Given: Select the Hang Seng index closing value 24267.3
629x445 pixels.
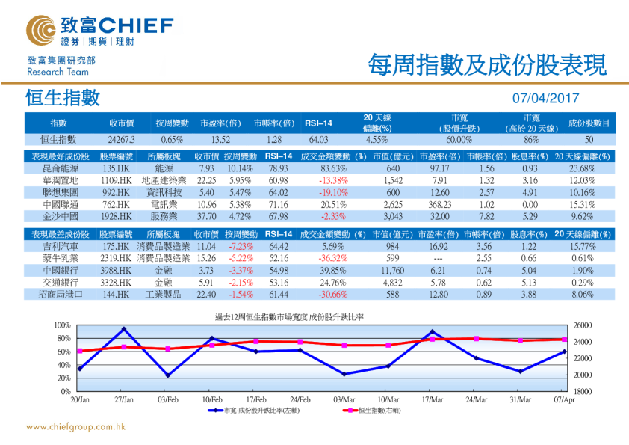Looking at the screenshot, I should [x=121, y=139].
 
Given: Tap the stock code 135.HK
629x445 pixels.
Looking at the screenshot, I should [x=116, y=169].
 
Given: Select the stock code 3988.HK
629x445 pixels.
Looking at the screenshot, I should [x=116, y=270].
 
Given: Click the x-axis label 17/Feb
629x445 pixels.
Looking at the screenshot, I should [x=256, y=399].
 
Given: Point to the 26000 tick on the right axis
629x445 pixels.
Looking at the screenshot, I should [x=584, y=326].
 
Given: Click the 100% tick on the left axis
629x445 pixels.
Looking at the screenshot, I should [x=63, y=326].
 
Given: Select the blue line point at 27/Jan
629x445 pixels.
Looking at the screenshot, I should [x=124, y=329].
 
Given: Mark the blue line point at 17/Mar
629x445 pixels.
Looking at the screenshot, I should [x=432, y=331].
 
